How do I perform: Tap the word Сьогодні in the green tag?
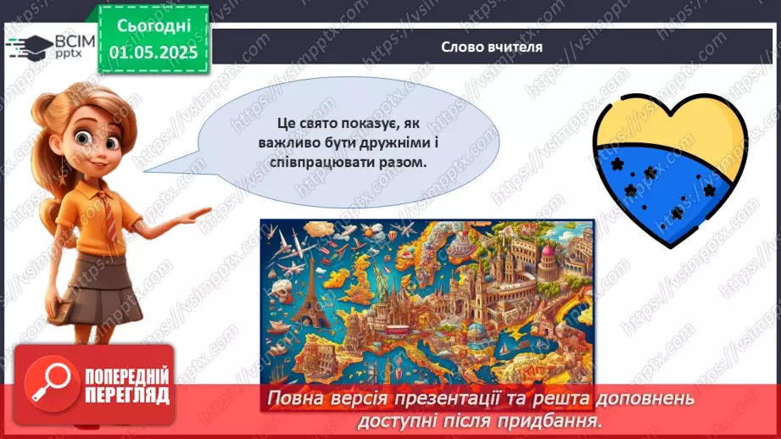[x=153, y=28]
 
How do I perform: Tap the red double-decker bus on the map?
[x=398, y=329]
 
